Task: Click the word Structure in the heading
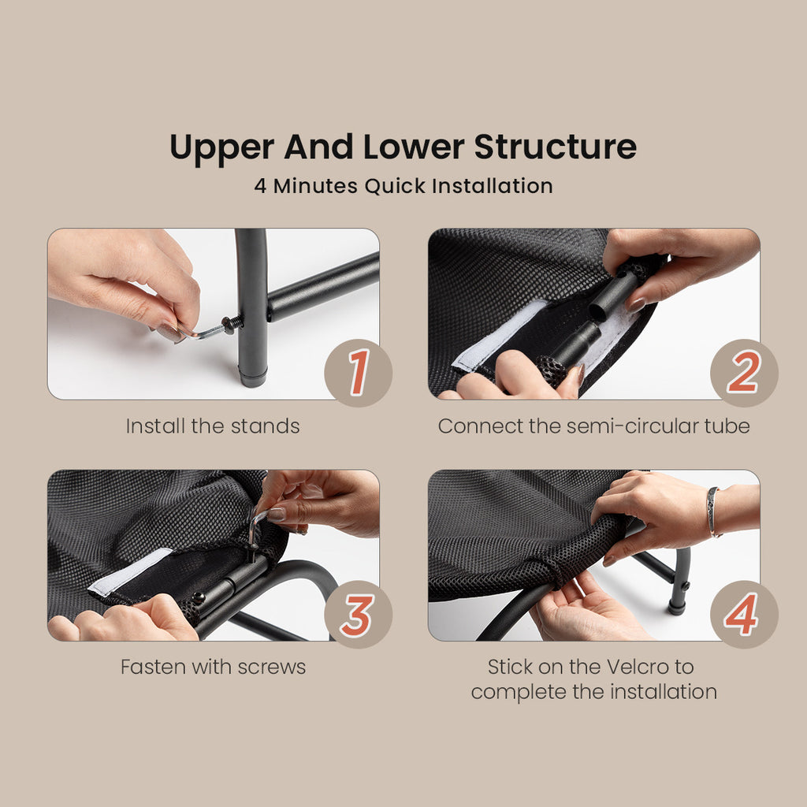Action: (555, 147)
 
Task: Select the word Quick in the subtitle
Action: (396, 186)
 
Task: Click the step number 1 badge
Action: (359, 373)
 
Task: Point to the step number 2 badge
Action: (744, 373)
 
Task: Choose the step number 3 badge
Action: (359, 614)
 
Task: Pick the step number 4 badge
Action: (744, 614)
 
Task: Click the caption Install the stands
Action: (213, 426)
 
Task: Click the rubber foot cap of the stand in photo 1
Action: (253, 379)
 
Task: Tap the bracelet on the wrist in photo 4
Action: (712, 511)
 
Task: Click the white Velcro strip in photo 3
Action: (130, 572)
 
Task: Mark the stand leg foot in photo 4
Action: (677, 608)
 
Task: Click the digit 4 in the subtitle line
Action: (260, 186)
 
